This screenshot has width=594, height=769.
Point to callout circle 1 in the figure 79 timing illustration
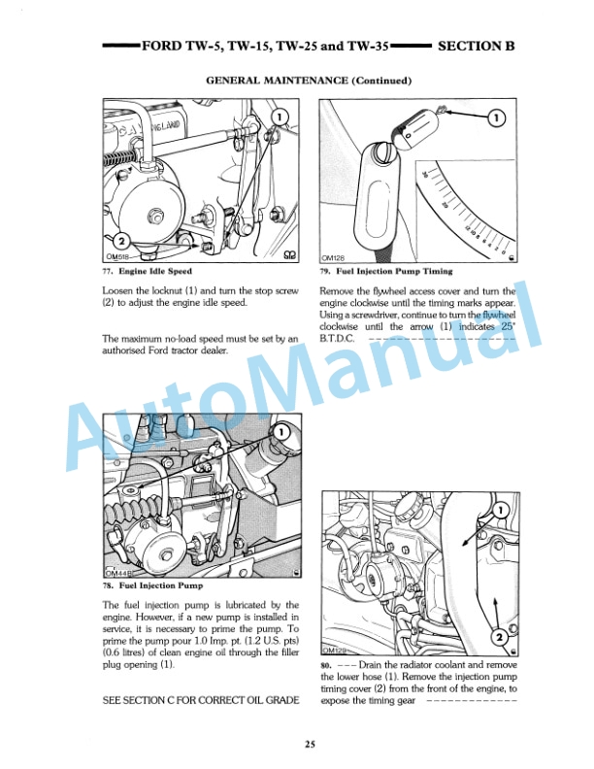click(x=496, y=118)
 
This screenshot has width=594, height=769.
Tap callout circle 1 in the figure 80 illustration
click(x=501, y=510)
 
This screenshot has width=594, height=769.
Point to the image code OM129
click(x=335, y=650)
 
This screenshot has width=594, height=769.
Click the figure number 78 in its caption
click(x=107, y=586)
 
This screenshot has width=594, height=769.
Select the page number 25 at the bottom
click(x=308, y=745)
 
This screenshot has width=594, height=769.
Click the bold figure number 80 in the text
click(x=324, y=665)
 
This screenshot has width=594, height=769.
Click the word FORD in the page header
click(x=161, y=46)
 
